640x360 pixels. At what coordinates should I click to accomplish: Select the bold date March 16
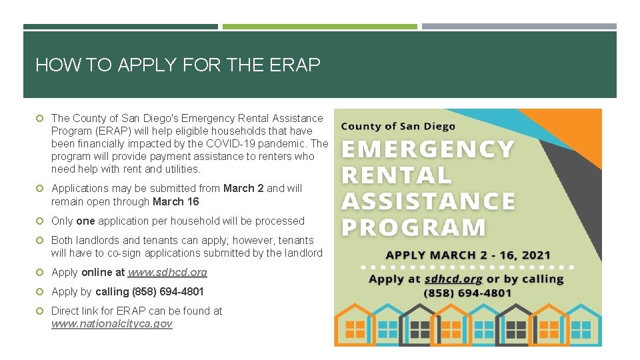176,201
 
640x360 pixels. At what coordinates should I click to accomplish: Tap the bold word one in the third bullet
85,221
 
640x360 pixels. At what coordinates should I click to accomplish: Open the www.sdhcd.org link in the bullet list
167,272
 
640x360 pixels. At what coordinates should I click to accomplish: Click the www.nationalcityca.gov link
111,323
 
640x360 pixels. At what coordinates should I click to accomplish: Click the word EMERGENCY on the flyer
427,149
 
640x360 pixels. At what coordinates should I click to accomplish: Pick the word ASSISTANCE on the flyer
428,201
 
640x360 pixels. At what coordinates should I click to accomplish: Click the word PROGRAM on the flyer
414,227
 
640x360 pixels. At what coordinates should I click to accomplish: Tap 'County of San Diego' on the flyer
398,126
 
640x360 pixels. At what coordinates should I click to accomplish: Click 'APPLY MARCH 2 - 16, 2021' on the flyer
468,255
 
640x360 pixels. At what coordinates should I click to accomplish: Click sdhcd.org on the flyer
454,279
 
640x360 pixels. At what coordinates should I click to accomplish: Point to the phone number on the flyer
467,293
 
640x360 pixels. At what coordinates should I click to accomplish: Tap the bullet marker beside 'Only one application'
41,221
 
